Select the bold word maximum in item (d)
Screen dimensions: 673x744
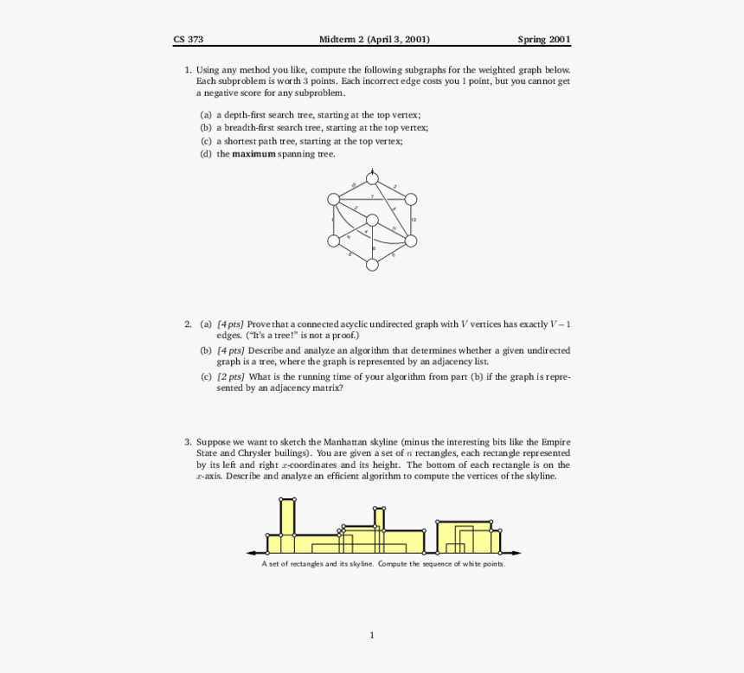pyautogui.click(x=253, y=154)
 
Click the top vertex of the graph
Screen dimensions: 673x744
pyautogui.click(x=373, y=178)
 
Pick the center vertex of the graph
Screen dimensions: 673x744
pyautogui.click(x=373, y=221)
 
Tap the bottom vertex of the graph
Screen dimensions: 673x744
pyautogui.click(x=373, y=265)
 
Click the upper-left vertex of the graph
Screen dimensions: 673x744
pyautogui.click(x=335, y=200)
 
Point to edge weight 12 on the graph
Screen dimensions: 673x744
pyautogui.click(x=414, y=221)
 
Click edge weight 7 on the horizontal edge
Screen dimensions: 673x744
pyautogui.click(x=372, y=197)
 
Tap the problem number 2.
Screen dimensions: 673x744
pyautogui.click(x=187, y=324)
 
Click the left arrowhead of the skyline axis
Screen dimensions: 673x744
pyautogui.click(x=251, y=553)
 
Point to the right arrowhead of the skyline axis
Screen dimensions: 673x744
pyautogui.click(x=517, y=553)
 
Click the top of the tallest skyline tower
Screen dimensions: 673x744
pyautogui.click(x=287, y=499)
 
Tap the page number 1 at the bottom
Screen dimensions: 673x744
pyautogui.click(x=372, y=636)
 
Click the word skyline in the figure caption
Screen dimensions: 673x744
pyautogui.click(x=362, y=564)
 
